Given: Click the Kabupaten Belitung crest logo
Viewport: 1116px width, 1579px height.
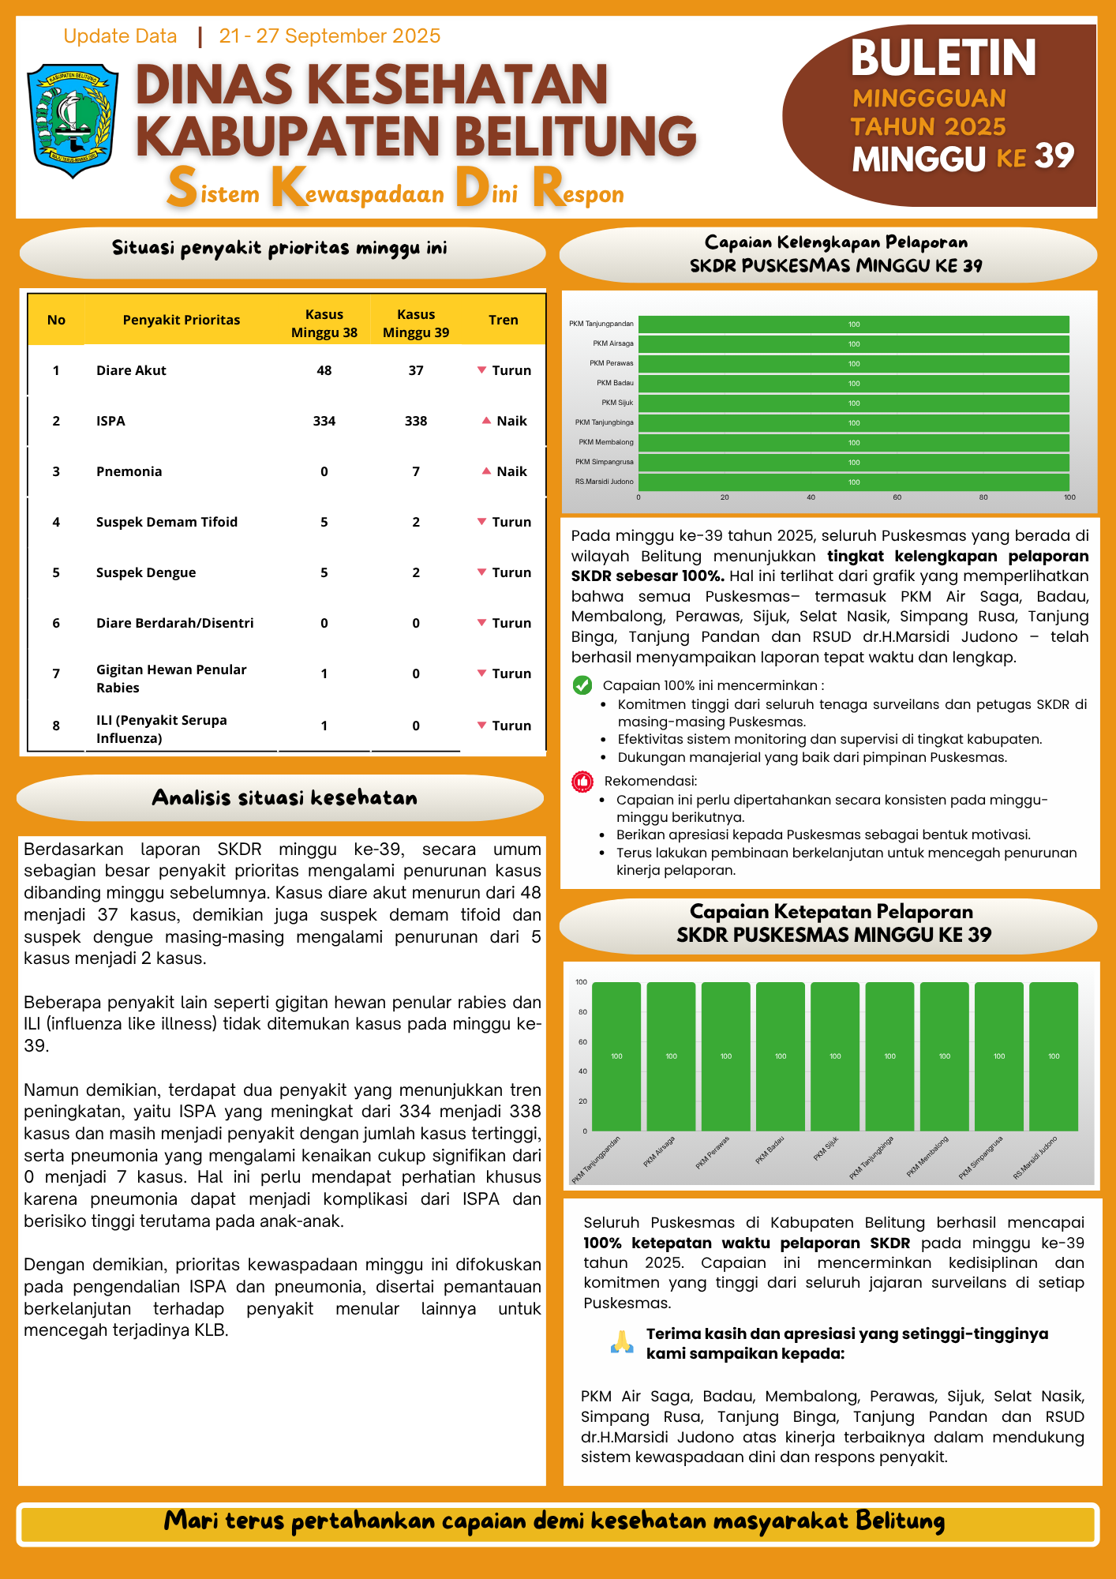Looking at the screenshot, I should coord(73,120).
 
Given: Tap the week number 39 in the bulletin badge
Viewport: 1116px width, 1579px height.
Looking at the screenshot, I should coord(1054,156).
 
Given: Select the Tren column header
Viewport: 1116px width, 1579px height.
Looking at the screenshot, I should coord(503,320).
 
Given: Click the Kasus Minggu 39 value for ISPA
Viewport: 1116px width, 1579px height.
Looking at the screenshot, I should coord(416,421).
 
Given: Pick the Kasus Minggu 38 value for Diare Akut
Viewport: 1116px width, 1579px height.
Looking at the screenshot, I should coord(324,370).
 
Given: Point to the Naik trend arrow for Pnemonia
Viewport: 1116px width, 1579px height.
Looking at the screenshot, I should coord(486,471).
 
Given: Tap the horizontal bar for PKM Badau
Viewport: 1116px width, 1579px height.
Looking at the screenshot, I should coord(853,384).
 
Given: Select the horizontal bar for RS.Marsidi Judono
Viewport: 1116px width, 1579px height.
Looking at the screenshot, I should coord(853,482).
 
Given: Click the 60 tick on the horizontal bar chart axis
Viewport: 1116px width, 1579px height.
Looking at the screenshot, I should coord(897,497).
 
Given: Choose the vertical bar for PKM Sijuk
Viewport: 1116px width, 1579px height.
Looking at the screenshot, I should coord(835,1056).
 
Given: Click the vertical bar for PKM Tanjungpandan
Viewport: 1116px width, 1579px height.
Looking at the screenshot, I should coord(616,1056).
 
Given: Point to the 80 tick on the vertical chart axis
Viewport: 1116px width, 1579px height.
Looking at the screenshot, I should coord(582,1012).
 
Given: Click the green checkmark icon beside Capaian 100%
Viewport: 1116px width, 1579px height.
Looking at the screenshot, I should coord(582,685).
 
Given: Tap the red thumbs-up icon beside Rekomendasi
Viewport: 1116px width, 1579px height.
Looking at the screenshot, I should coord(582,782).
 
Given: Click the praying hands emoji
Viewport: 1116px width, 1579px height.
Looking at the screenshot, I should coord(622,1342).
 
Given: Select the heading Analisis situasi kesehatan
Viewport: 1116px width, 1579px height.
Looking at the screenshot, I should coord(284,797).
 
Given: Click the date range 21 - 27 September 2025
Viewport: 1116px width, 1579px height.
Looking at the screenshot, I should coord(329,36).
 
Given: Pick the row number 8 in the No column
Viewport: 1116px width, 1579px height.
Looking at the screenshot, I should coord(56,726).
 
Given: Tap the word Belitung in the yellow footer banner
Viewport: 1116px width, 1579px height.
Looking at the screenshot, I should coord(900,1521).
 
